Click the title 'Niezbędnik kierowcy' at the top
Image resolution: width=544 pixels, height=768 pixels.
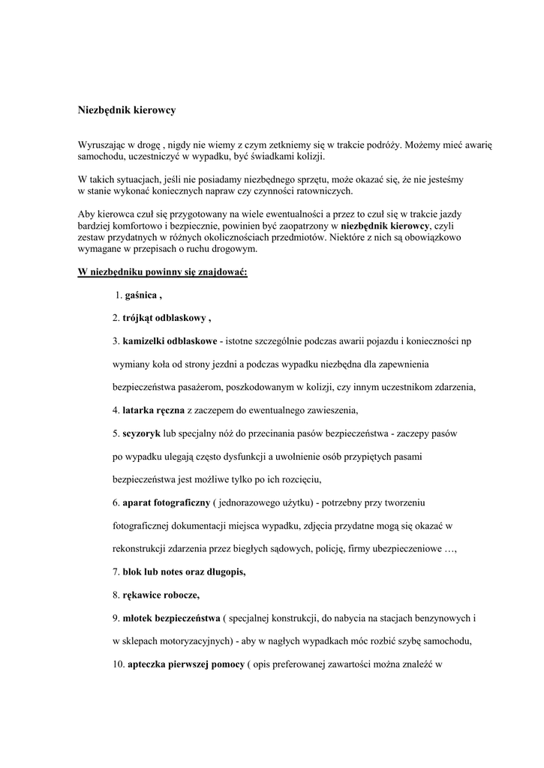click(127, 110)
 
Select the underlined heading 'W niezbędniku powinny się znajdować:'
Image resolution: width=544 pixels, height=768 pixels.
click(163, 271)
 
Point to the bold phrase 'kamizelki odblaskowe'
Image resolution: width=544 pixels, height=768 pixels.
click(170, 341)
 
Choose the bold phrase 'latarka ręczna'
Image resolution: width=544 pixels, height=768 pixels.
click(154, 410)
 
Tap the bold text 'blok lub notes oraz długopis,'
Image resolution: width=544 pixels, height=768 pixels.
click(184, 571)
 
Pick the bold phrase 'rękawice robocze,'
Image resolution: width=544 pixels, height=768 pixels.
click(161, 595)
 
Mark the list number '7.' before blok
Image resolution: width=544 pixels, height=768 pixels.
click(116, 571)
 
